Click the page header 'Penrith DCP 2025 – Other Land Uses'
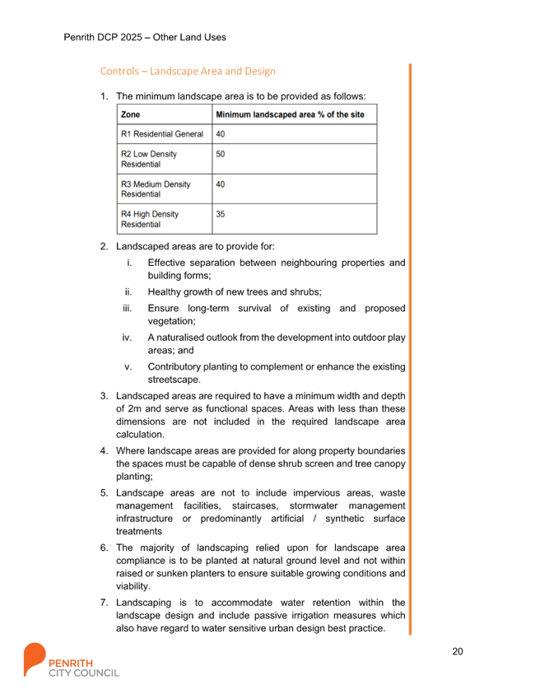(145, 37)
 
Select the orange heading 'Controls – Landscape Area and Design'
(188, 72)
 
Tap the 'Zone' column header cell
(130, 114)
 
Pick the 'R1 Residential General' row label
(162, 133)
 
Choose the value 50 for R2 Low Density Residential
(220, 154)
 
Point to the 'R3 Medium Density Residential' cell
(156, 189)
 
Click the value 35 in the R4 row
(220, 214)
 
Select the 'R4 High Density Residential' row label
(150, 219)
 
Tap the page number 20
(458, 651)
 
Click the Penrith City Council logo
(70, 659)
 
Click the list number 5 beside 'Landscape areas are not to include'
(104, 492)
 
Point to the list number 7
(104, 603)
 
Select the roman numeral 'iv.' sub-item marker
(127, 338)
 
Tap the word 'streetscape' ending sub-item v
(174, 380)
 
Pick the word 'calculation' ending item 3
(140, 434)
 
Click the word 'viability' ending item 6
(133, 586)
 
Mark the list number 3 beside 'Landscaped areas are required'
(104, 396)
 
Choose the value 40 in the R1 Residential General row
(220, 133)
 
